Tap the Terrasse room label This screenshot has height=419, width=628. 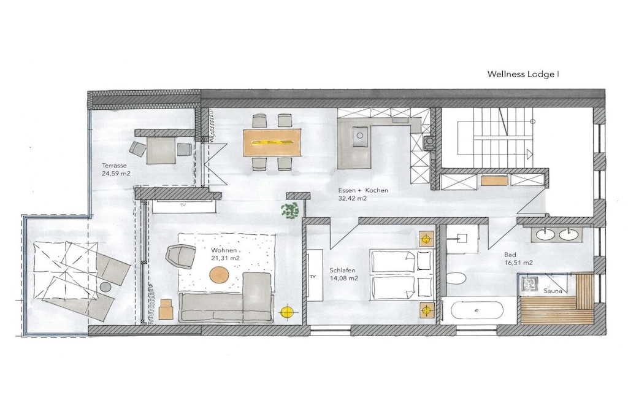(114, 166)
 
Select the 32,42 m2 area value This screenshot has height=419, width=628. (353, 198)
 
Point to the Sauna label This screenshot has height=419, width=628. (553, 291)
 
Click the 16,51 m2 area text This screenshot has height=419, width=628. (518, 263)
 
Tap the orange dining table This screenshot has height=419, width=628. (272, 142)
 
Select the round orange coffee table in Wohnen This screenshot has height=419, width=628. (220, 275)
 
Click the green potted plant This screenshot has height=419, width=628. (290, 210)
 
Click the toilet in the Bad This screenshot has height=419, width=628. (456, 279)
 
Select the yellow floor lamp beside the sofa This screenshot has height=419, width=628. (287, 311)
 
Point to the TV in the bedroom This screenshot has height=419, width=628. (315, 275)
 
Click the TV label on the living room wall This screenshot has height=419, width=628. (183, 205)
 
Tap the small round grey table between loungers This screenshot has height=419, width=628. (105, 287)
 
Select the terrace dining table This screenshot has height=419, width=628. (161, 150)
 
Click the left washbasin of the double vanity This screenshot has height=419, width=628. (544, 235)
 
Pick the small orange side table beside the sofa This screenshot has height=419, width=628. (166, 309)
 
